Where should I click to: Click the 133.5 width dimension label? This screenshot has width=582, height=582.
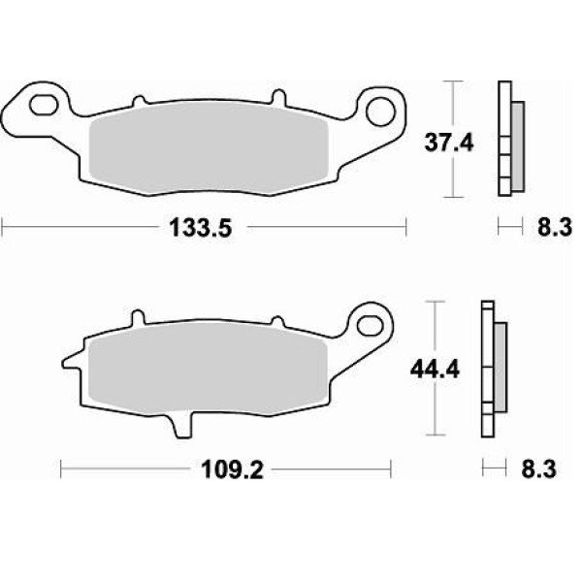[200, 228]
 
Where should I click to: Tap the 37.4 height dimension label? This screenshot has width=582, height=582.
[449, 143]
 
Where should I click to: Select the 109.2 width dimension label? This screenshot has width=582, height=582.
[232, 469]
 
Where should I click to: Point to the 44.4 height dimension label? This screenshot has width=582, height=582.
[435, 370]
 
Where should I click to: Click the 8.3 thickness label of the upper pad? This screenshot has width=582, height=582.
[555, 227]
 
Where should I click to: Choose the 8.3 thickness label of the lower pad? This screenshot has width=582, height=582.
[538, 469]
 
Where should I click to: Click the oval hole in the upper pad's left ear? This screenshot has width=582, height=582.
[44, 105]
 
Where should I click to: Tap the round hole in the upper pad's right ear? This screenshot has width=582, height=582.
[380, 112]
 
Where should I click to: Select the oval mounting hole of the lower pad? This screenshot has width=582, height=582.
[370, 326]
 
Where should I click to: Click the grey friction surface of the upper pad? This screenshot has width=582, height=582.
[209, 148]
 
